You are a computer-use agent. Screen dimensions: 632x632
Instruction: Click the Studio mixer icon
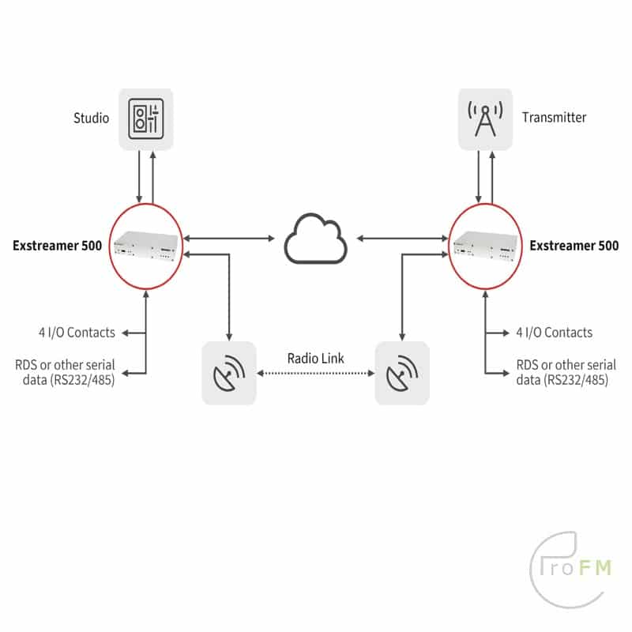(x=146, y=120)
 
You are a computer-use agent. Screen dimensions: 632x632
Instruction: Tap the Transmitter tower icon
(x=485, y=120)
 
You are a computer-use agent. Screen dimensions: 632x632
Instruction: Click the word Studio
(x=92, y=118)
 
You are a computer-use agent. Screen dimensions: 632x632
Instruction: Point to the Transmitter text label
(x=554, y=118)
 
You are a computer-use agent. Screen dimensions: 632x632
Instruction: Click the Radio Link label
(x=316, y=358)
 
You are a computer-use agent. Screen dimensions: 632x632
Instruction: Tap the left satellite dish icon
(x=229, y=373)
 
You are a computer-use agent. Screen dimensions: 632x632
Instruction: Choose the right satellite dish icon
(x=402, y=373)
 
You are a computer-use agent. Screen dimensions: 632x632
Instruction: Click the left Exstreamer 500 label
(x=57, y=246)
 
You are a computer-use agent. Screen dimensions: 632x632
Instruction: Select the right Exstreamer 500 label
(x=574, y=246)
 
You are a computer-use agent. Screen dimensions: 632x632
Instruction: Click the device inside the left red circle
(x=147, y=246)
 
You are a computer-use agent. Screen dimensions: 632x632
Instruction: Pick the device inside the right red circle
(x=485, y=246)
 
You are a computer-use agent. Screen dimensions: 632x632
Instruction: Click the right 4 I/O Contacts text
(x=554, y=333)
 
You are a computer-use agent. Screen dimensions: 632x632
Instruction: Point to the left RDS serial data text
(x=65, y=372)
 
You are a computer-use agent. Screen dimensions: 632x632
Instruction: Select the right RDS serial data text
(x=566, y=372)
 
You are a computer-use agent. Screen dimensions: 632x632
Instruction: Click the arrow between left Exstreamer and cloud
(x=229, y=236)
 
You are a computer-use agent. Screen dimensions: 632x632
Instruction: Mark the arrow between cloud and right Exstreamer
(x=401, y=236)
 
